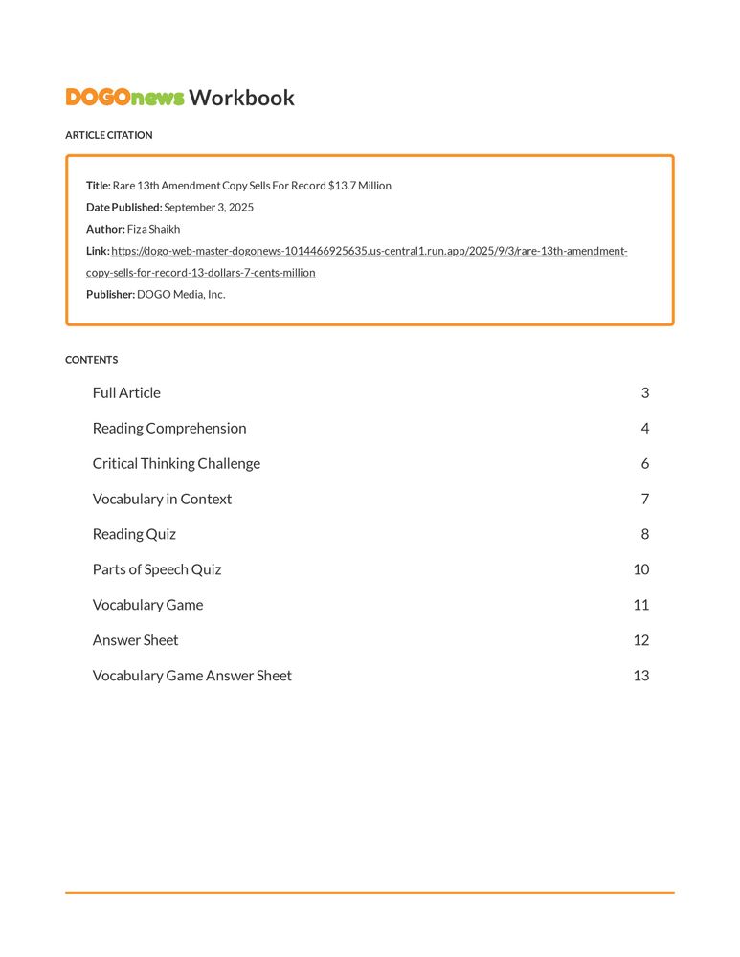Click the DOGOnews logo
(124, 98)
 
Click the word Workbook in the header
(241, 98)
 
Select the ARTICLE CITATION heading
(108, 135)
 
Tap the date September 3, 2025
(209, 208)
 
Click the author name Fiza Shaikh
(153, 230)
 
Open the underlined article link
(369, 252)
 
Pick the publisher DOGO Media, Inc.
(181, 295)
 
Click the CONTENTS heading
(92, 360)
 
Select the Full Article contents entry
(126, 393)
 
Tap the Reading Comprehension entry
(169, 429)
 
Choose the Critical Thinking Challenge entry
(176, 464)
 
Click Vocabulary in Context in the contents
(162, 500)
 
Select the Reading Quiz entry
(134, 535)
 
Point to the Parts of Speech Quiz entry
(157, 570)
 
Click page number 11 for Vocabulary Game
(640, 605)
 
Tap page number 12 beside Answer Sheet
(640, 640)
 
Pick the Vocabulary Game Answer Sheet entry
(191, 676)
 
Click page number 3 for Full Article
(644, 393)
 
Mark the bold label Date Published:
(123, 208)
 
